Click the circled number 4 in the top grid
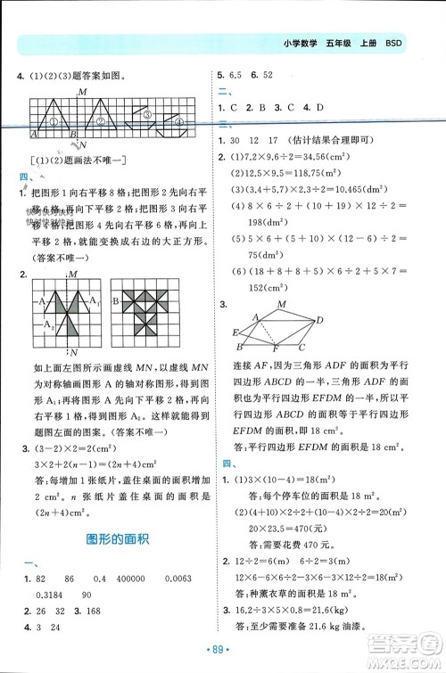click(178, 121)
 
